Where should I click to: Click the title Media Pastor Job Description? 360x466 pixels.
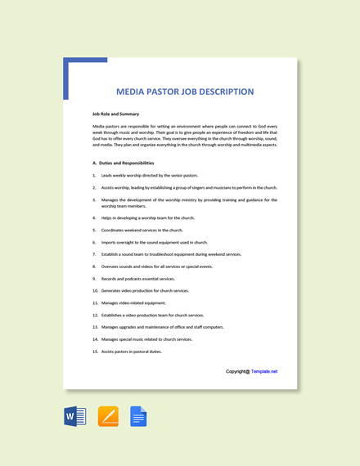click(x=185, y=92)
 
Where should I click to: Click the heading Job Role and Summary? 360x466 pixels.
click(x=115, y=114)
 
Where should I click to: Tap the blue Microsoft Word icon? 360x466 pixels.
click(x=74, y=417)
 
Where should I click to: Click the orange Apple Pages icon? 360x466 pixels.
click(x=108, y=417)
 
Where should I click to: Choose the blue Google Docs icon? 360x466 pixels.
click(x=138, y=417)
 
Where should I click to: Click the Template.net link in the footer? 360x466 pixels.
click(x=264, y=371)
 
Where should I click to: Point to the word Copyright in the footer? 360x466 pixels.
click(x=236, y=371)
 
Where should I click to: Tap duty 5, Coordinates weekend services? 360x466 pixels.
click(x=142, y=231)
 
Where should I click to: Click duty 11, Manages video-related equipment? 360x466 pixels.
click(x=133, y=302)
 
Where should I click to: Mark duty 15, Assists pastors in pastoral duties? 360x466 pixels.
click(x=131, y=352)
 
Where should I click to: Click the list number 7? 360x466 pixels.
click(x=94, y=254)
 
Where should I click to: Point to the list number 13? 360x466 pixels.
click(x=95, y=327)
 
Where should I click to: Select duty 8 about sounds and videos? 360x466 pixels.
click(x=157, y=267)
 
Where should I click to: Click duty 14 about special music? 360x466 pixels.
click(x=146, y=339)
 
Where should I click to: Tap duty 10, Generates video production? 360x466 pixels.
click(x=145, y=290)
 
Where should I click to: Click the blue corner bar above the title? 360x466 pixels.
click(x=85, y=60)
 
